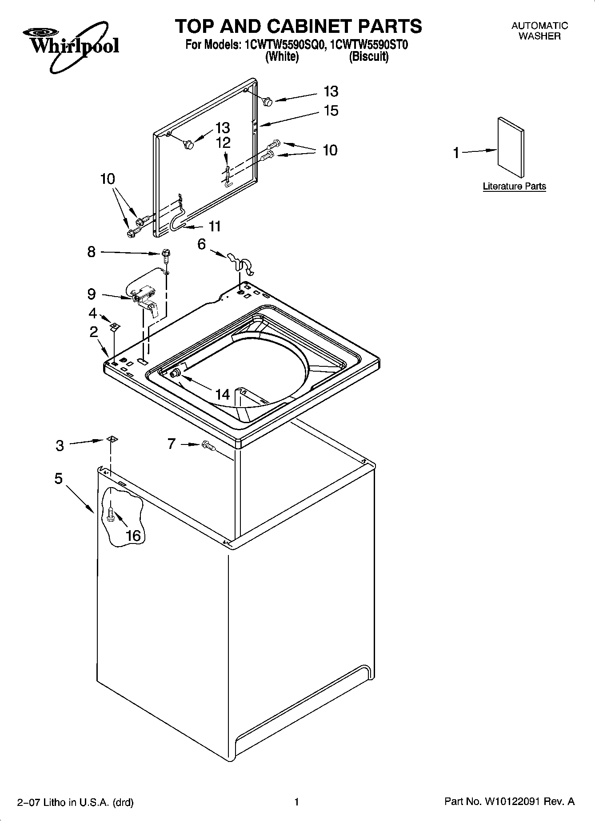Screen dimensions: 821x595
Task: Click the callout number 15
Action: pyautogui.click(x=331, y=111)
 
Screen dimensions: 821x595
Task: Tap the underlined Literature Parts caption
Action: pyautogui.click(x=514, y=186)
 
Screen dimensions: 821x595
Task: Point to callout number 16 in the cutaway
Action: pyautogui.click(x=133, y=535)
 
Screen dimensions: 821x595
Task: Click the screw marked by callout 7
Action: pyautogui.click(x=208, y=445)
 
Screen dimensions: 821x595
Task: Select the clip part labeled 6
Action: pyautogui.click(x=240, y=263)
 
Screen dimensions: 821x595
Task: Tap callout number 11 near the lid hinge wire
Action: pyautogui.click(x=215, y=226)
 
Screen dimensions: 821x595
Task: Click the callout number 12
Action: pyautogui.click(x=223, y=143)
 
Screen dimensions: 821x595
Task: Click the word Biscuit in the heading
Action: pyautogui.click(x=368, y=57)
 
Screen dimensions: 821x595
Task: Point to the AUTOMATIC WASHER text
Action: pyautogui.click(x=539, y=31)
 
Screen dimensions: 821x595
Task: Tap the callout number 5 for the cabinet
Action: pyautogui.click(x=59, y=479)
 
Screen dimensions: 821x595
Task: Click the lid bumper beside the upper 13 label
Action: pyautogui.click(x=268, y=101)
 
